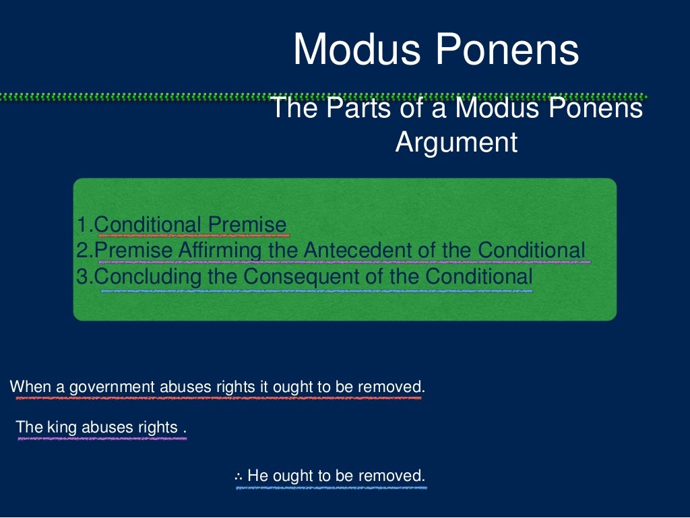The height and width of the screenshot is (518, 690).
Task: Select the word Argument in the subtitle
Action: (x=456, y=142)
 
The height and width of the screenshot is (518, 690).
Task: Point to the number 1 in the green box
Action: (x=82, y=225)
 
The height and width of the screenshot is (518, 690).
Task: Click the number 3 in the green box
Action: (x=82, y=276)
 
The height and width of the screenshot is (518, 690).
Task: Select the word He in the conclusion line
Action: (x=256, y=476)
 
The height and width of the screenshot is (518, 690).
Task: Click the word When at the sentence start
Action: (x=26, y=387)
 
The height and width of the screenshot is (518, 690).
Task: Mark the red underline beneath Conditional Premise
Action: (x=193, y=236)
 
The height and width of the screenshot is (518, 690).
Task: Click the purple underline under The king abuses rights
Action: (x=101, y=439)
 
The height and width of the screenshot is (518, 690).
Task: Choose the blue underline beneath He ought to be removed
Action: (x=331, y=487)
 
